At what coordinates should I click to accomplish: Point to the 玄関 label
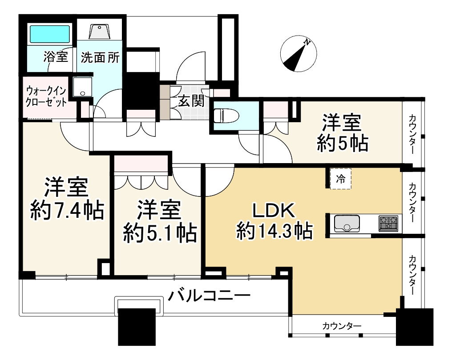(x=191, y=101)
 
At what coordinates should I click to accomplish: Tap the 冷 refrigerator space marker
(x=340, y=179)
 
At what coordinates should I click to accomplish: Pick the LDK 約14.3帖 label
(x=273, y=220)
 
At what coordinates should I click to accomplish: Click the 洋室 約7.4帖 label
(x=67, y=199)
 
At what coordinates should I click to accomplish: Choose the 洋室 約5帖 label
(x=342, y=132)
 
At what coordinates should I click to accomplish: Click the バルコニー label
(x=209, y=295)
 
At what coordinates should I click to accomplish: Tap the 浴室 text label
(x=56, y=57)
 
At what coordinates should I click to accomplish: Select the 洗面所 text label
(x=100, y=57)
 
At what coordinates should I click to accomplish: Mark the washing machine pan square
(x=82, y=87)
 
